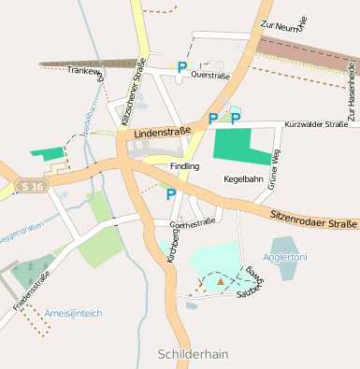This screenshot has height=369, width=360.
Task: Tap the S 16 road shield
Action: [x=32, y=187]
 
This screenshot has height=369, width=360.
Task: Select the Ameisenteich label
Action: [x=73, y=314]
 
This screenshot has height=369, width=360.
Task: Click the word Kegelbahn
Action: [x=243, y=177]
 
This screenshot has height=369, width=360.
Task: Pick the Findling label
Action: [x=184, y=166]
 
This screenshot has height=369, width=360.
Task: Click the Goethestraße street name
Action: [x=192, y=223]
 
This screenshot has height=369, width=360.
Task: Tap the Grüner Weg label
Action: [x=274, y=172]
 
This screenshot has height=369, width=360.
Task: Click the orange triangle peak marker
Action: [x=221, y=279]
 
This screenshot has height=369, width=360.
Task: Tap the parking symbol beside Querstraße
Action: [x=182, y=67]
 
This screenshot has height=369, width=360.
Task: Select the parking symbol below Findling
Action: [x=170, y=194]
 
